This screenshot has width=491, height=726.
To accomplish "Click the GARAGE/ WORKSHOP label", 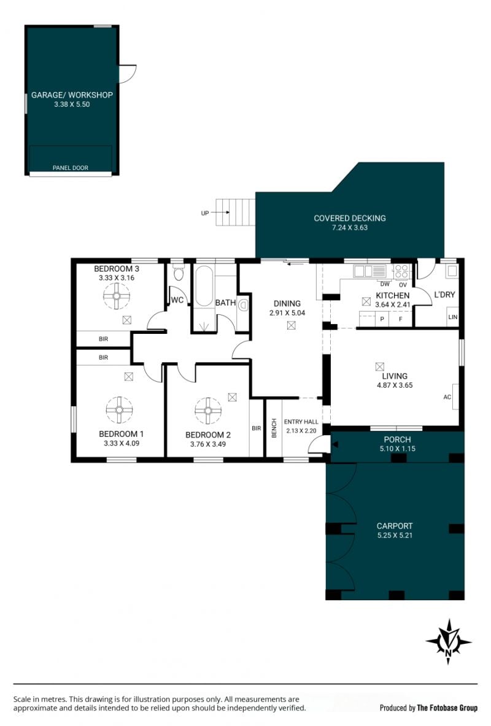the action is click(72, 95).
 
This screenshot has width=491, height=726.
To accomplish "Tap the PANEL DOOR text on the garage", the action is click(71, 168).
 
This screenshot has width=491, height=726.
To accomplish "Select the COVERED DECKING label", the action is click(350, 218).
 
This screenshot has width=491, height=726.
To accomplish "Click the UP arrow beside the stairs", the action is click(222, 212).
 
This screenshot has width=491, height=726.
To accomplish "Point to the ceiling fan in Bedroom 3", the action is click(116, 295).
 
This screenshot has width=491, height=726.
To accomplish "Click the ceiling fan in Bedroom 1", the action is click(119, 410).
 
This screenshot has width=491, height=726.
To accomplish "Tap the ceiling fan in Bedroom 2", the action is click(208, 411).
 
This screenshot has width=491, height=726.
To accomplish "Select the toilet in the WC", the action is click(179, 272).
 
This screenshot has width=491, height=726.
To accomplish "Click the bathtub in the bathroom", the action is click(204, 286).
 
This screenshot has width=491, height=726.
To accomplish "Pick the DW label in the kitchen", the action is click(385, 284).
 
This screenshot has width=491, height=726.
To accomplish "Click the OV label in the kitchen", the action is click(403, 285).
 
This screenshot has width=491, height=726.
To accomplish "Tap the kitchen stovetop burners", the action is click(401, 271).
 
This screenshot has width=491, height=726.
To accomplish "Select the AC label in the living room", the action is click(447, 397).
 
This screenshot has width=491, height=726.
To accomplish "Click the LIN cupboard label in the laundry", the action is click(452, 317).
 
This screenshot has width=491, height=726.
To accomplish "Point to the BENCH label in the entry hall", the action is click(274, 428).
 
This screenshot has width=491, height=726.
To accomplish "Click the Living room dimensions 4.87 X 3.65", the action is click(395, 385).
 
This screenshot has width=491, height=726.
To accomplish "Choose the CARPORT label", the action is click(395, 526).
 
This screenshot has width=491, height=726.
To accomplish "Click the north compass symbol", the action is click(448, 642).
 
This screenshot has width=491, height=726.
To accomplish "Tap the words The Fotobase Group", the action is click(447, 708).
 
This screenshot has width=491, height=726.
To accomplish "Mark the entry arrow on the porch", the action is click(335, 444).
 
